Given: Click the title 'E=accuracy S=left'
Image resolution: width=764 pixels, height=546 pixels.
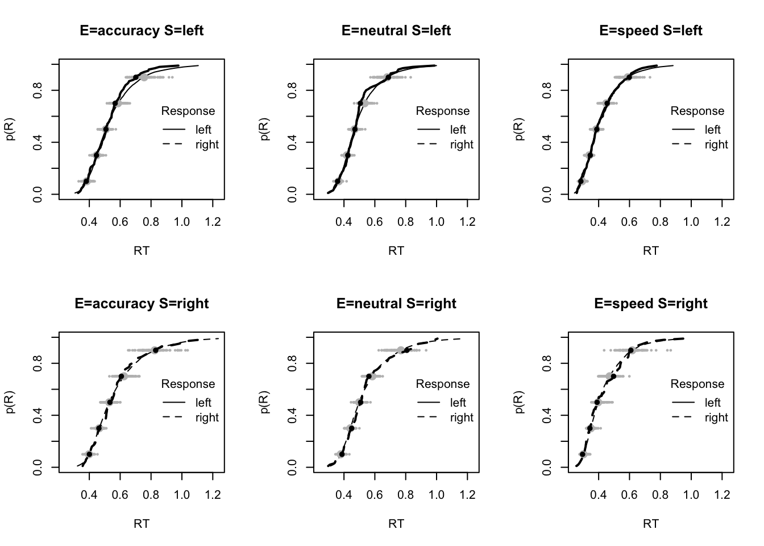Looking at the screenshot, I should [142, 31].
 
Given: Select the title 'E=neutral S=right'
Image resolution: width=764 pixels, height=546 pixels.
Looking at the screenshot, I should [396, 304].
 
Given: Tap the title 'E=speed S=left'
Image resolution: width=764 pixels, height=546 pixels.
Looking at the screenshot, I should [651, 31].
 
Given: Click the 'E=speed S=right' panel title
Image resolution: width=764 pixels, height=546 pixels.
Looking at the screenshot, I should [651, 304].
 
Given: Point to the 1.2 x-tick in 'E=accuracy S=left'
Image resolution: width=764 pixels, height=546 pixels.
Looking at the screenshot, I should [213, 222].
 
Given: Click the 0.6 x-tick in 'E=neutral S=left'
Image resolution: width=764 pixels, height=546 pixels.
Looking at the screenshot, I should [375, 222].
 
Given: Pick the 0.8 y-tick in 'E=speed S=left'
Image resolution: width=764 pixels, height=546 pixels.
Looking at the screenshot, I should [547, 90].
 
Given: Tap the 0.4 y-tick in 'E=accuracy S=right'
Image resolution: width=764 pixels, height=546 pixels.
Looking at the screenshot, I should [38, 415].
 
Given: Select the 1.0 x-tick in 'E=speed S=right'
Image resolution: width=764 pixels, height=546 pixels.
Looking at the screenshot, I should [691, 495].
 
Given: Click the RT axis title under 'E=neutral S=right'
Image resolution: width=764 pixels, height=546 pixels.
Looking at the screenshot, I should [396, 523].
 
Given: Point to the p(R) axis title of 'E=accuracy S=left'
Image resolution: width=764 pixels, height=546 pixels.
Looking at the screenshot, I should [11, 129].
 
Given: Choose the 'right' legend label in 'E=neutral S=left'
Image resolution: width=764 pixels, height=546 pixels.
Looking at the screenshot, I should [462, 144].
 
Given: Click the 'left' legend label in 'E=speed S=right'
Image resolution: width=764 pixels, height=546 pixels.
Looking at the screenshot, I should [713, 403].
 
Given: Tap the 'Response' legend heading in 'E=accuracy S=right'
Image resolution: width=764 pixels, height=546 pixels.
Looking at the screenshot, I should [188, 384].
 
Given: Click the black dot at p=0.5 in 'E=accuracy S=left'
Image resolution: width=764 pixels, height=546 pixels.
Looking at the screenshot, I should [106, 129].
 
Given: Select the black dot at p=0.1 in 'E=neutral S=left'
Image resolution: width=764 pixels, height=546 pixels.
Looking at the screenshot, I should [338, 181].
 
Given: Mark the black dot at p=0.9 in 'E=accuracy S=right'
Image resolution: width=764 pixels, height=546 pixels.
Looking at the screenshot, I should [155, 350].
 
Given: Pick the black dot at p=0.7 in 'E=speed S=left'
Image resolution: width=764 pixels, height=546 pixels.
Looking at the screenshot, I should [607, 103].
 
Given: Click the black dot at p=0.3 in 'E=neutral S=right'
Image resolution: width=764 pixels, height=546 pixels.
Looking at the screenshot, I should [351, 428].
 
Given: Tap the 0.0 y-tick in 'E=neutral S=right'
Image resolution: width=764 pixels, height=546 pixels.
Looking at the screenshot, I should [293, 468].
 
